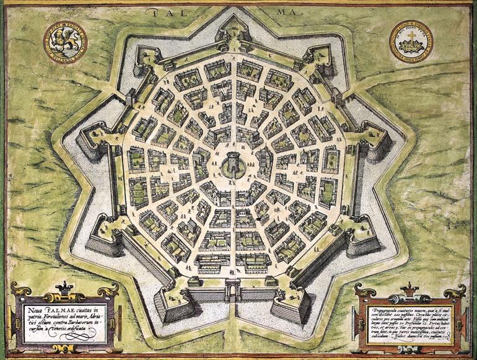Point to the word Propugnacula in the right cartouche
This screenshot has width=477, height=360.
point(382,309)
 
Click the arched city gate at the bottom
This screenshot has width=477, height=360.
point(234,290)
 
